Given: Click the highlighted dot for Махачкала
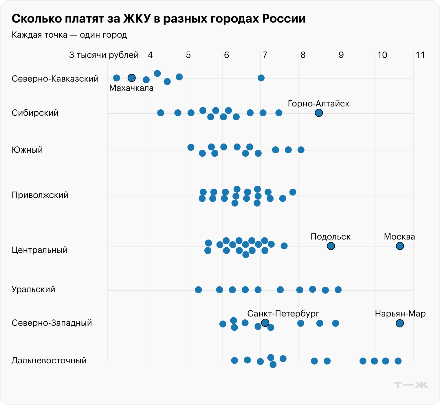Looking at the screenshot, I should coord(132,78).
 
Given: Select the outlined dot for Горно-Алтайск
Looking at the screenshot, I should coord(319,113).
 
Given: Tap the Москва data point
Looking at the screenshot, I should coord(400,246).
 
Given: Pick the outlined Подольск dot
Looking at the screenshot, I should coord(331,246).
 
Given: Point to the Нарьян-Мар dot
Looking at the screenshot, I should coord(400,323).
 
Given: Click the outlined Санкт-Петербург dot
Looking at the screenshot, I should coord(265,323).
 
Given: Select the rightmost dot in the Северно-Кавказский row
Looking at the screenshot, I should coord(261,78).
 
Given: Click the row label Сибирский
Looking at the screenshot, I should coord(35,113).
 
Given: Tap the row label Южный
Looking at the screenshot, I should coord(27,150).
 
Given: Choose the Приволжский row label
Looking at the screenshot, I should coord(40,195).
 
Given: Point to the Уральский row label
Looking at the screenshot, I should coord(33,289).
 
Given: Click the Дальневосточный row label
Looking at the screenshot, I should coord(49,360).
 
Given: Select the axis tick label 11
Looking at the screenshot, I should coord(420,55).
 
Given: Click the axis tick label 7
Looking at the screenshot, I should coord(265,55).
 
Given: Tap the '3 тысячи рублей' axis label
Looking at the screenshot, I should coord(104,55).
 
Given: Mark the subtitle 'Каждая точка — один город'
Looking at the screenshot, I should coord(69,35).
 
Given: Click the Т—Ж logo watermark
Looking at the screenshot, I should coord(411,385).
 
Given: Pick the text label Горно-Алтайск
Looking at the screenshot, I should coord(318,104).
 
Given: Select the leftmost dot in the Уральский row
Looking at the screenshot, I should coord(198,290).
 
